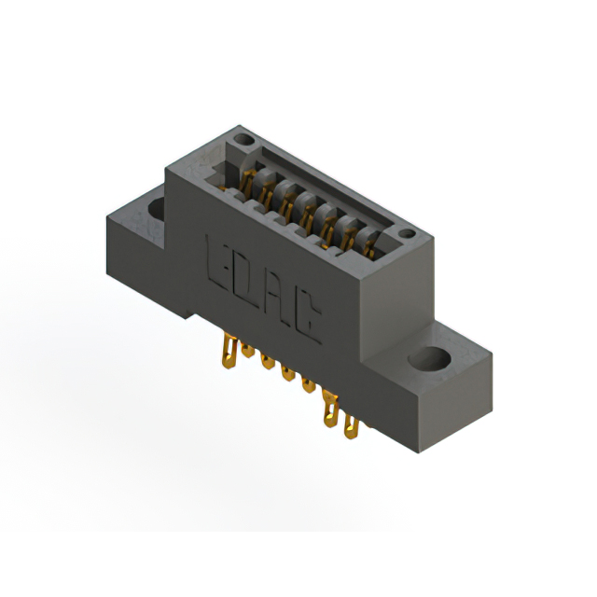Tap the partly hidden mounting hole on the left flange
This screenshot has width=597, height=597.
[156, 207]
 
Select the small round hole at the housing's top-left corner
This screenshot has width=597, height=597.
[245, 141]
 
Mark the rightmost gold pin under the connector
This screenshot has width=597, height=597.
[351, 427]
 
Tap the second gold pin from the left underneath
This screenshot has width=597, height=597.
[247, 352]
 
